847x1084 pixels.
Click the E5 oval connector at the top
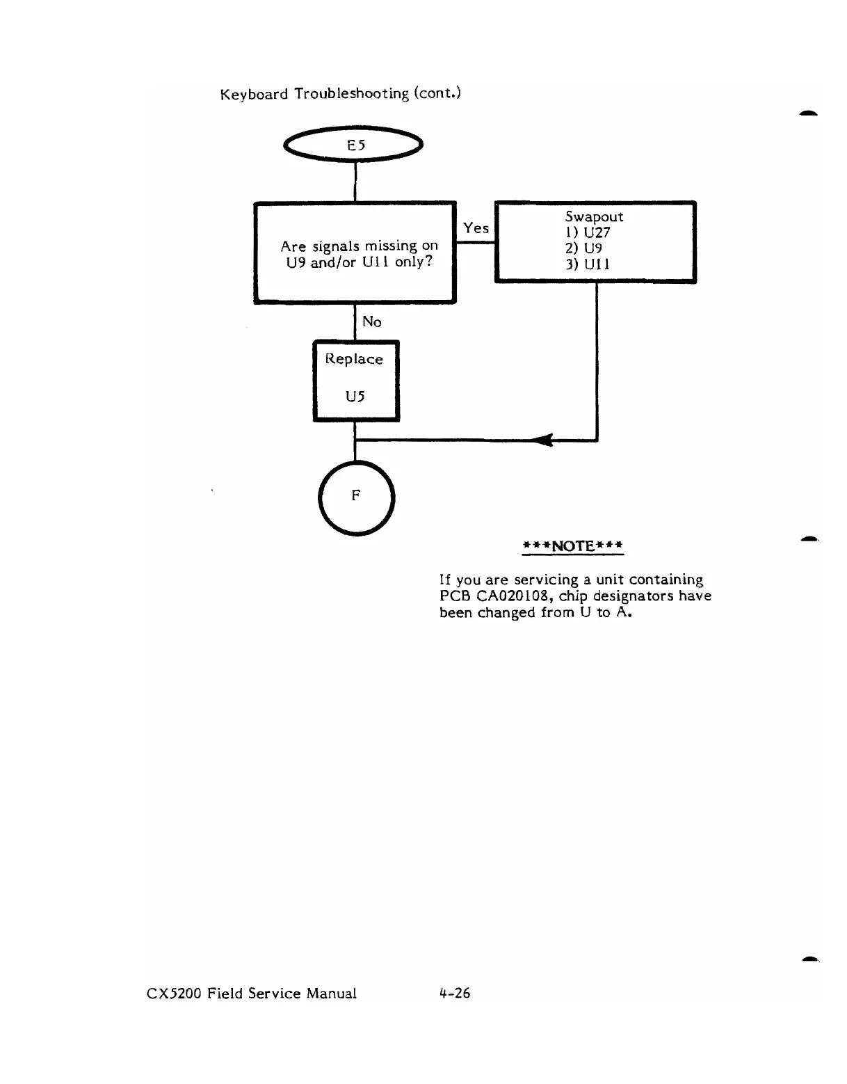click(355, 145)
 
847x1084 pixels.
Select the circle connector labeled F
click(356, 496)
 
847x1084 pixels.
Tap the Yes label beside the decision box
click(476, 228)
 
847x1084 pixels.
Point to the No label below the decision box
click(372, 321)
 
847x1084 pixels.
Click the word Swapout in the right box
click(594, 217)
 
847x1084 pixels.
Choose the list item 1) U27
click(588, 233)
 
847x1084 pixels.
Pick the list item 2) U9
click(584, 248)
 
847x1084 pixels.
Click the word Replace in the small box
click(355, 359)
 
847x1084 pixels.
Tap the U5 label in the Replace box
click(355, 397)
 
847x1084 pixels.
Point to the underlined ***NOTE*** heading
click(573, 545)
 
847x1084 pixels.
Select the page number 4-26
click(454, 993)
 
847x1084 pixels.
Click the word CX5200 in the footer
click(174, 994)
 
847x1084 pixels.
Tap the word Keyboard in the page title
click(253, 94)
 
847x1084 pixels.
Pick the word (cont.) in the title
click(437, 93)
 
